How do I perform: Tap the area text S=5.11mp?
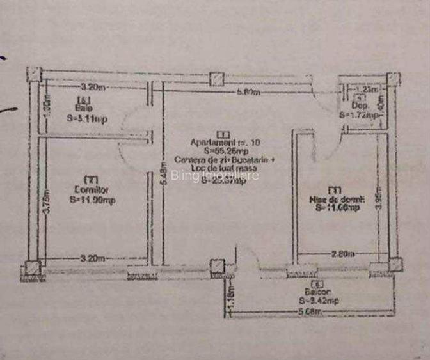tap(86, 118)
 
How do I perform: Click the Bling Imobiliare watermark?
tap(215, 175)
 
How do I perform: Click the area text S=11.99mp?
tap(92, 200)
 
